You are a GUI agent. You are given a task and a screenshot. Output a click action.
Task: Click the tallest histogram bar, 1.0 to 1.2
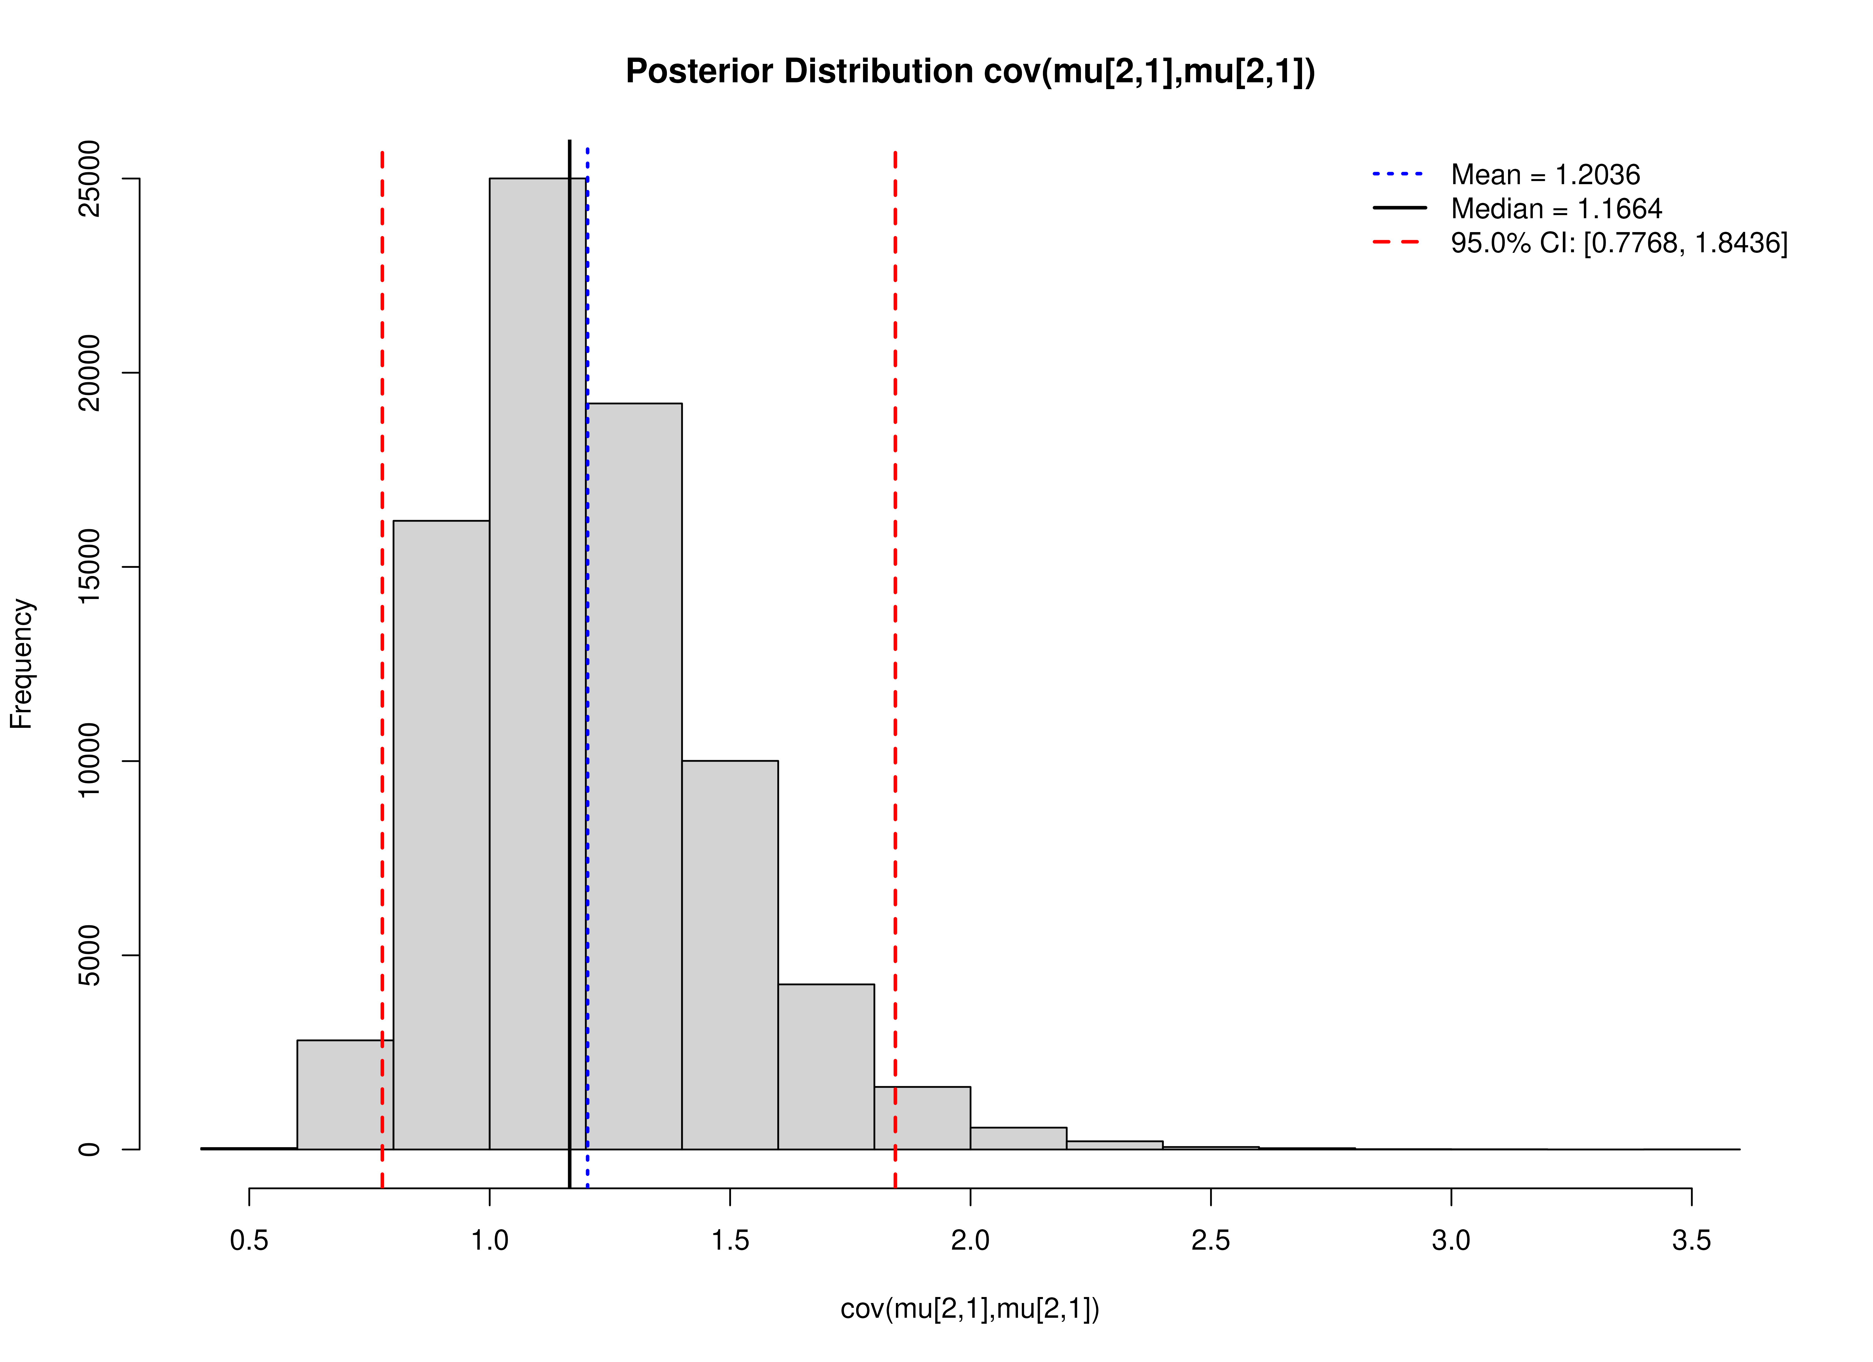tap(528, 661)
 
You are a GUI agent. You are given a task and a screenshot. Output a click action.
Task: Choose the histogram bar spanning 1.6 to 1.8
tap(826, 1065)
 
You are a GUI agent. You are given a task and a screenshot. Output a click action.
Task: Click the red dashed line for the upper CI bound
tap(895, 578)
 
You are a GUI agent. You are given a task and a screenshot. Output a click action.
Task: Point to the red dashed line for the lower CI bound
tap(382, 578)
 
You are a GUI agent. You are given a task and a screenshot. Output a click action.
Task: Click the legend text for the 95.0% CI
tap(1619, 243)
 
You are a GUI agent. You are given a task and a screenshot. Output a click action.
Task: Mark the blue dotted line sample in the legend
tap(1398, 174)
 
